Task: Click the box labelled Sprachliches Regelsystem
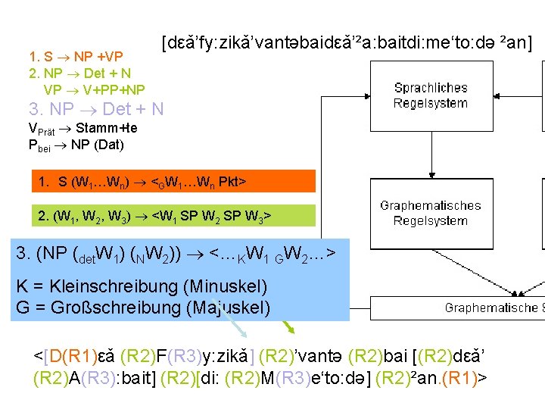tap(431, 96)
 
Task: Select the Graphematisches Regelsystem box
tap(431, 213)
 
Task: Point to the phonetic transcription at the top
tap(347, 44)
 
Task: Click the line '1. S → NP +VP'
tap(76, 56)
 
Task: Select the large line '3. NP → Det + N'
tap(95, 109)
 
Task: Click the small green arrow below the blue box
tap(287, 326)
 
